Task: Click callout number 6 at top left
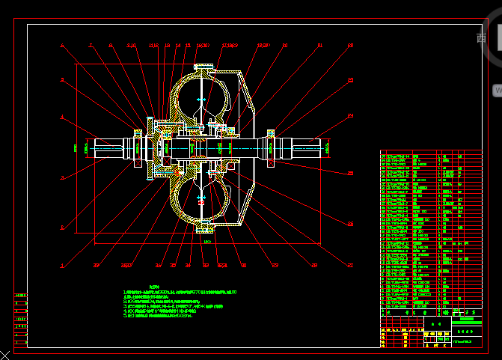point(62,46)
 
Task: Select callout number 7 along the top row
point(91,46)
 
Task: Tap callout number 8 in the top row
point(111,46)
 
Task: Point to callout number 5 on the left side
point(62,79)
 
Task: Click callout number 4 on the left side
point(62,117)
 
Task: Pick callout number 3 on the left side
point(62,178)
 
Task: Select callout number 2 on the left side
point(62,228)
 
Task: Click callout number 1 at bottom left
point(62,265)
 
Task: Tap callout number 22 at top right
point(350,46)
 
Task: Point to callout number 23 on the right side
point(350,79)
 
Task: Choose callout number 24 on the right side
point(350,117)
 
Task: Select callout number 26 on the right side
point(350,224)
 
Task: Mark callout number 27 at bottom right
point(350,265)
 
